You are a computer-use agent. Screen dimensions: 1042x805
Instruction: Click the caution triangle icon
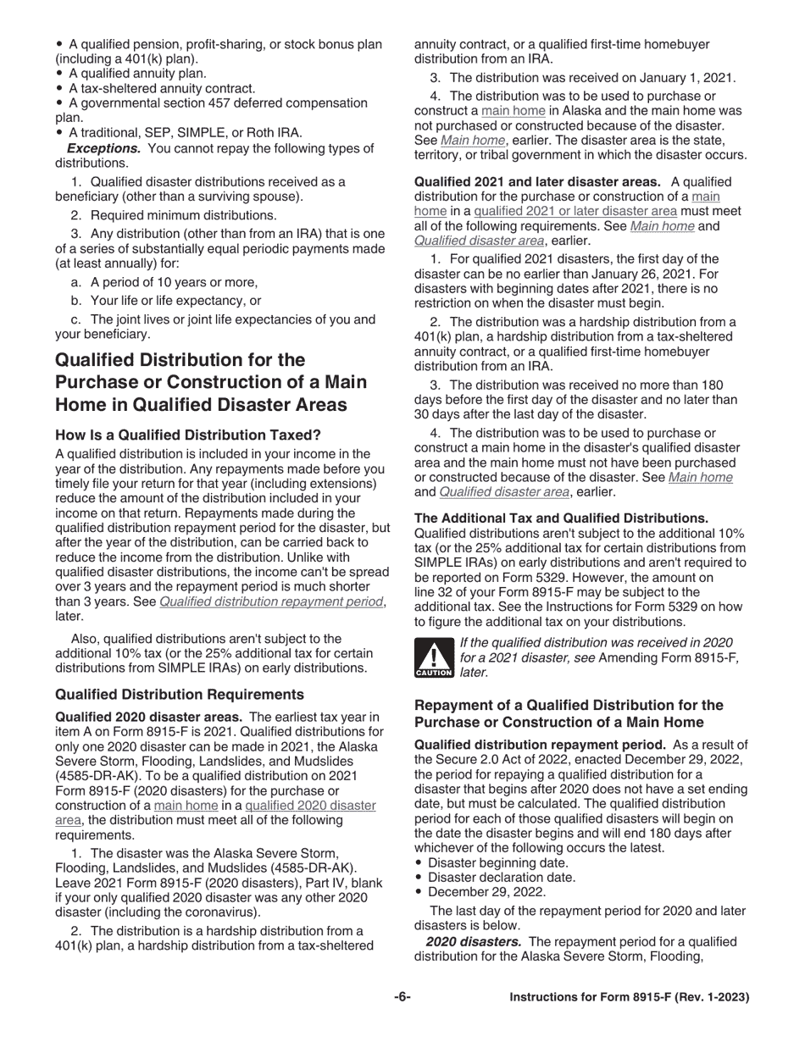[x=433, y=658]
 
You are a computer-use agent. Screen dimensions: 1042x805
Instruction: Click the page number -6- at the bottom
[x=402, y=997]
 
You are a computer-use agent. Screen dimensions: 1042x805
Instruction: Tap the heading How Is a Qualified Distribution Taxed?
[x=188, y=435]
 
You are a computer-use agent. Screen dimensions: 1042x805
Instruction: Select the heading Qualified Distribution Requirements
[x=180, y=695]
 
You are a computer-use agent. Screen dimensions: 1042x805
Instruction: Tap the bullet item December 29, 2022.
[x=486, y=892]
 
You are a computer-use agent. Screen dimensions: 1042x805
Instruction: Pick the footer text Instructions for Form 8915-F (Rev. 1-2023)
[x=629, y=997]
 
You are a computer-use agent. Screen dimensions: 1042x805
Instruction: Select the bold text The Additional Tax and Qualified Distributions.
[x=561, y=518]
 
